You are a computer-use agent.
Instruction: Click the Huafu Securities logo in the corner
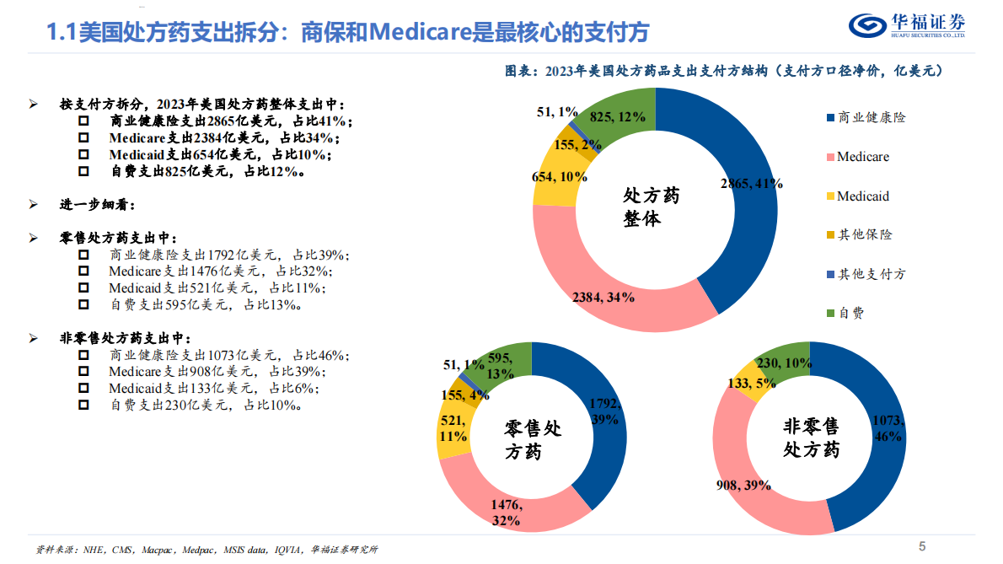point(906,25)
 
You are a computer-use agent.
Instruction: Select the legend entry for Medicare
point(862,157)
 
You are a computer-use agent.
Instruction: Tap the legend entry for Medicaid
point(862,196)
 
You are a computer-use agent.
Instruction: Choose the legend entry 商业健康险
point(871,118)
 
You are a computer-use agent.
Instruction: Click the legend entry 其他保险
point(864,235)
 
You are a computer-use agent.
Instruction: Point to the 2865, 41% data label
point(751,183)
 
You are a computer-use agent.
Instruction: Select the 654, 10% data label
point(560,176)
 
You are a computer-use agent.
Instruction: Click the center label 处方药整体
point(652,207)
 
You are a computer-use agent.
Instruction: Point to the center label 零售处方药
point(532,440)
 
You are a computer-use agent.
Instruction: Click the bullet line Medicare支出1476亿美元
point(219,271)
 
